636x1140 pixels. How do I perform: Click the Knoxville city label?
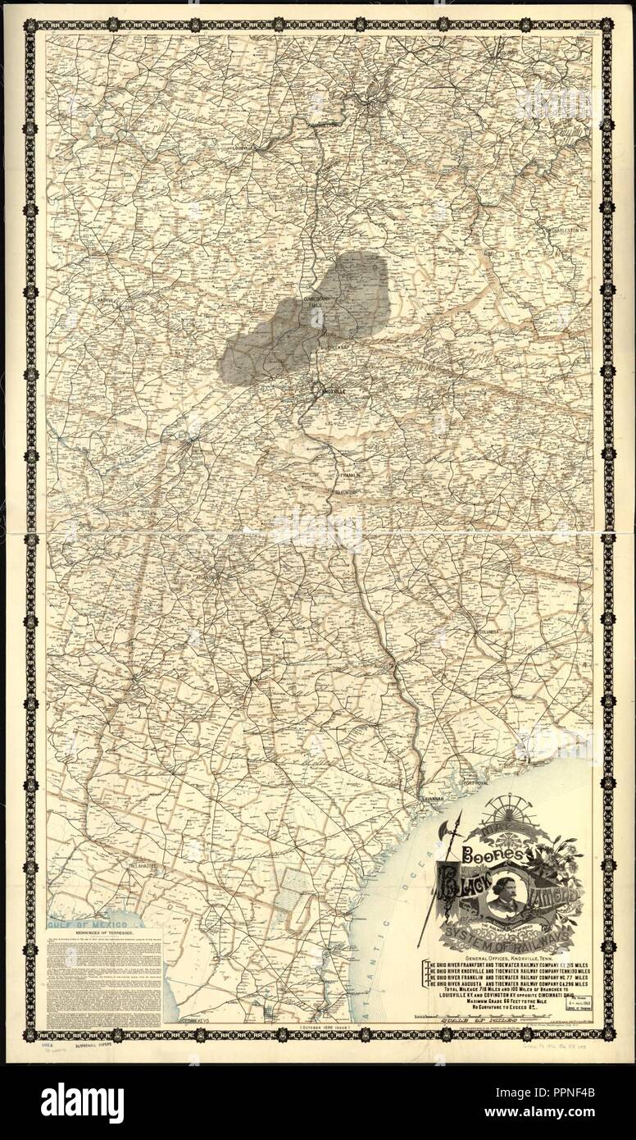point(334,392)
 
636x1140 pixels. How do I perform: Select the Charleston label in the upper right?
point(572,230)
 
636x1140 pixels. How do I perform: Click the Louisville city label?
point(243,148)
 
